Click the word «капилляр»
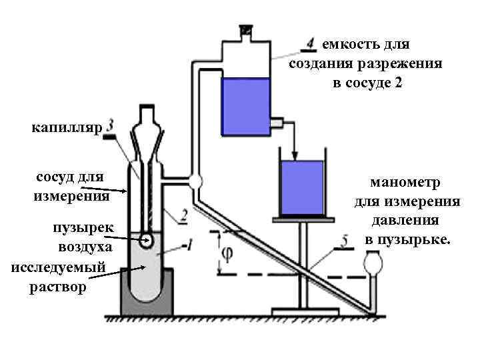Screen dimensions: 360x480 tap(63, 128)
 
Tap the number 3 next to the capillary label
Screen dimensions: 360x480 tap(109, 125)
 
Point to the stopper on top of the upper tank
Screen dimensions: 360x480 tap(245, 31)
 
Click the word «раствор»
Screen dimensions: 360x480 tap(59, 287)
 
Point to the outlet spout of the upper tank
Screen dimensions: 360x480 tap(278, 123)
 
